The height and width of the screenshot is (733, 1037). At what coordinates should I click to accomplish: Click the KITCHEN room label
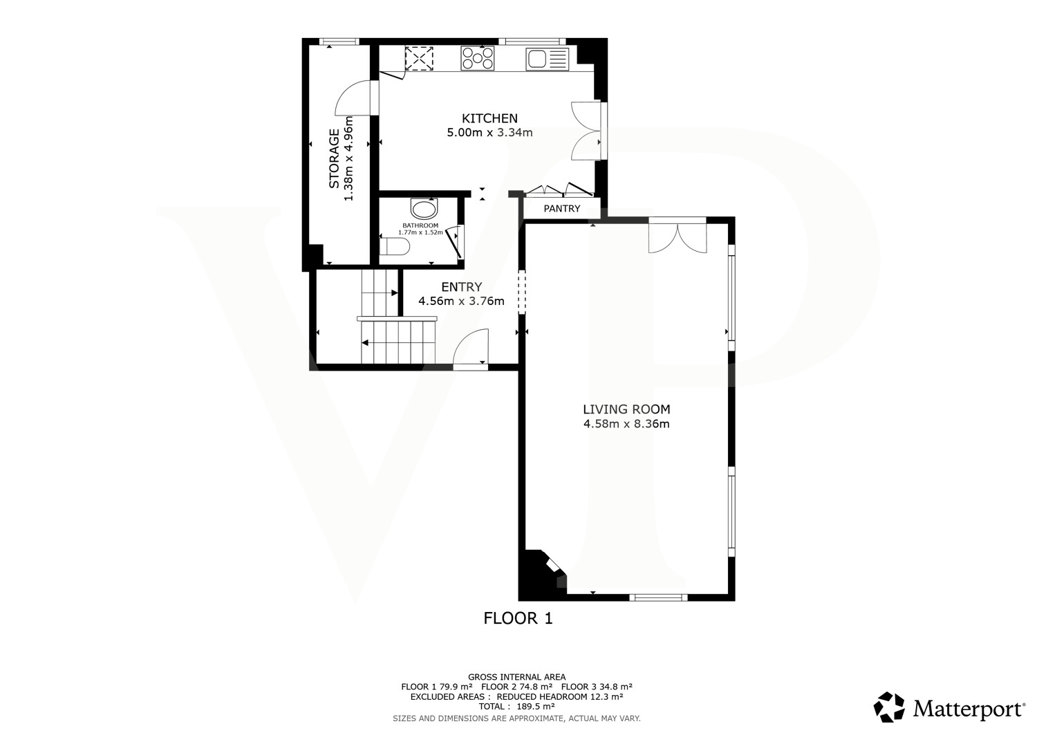tap(489, 118)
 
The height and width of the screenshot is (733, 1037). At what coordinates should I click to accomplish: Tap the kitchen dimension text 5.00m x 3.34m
tap(489, 133)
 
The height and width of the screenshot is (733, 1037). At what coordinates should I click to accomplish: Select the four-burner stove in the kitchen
tap(477, 58)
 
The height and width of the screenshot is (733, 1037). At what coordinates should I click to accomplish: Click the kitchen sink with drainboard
tap(548, 59)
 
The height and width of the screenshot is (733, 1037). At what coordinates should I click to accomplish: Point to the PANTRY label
tap(561, 208)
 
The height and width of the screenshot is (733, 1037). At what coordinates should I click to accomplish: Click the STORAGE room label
tap(334, 158)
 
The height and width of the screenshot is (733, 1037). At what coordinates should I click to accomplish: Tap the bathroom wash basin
tap(424, 209)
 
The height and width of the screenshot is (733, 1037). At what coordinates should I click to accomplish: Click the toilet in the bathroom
tap(395, 246)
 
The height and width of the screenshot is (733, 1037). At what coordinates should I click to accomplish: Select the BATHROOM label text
tap(420, 225)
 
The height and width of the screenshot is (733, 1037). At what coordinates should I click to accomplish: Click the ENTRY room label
tap(462, 286)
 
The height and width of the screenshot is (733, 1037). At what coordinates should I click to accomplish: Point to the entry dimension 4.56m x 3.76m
tap(462, 301)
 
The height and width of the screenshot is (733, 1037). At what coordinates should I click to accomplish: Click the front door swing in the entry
tap(470, 347)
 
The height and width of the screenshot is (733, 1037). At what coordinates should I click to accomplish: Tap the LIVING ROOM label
tap(626, 409)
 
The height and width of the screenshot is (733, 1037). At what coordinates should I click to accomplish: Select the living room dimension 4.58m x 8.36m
tap(626, 424)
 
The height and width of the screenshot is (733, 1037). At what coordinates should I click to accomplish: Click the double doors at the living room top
tap(678, 238)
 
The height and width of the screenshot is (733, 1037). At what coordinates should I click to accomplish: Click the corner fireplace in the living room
tap(541, 575)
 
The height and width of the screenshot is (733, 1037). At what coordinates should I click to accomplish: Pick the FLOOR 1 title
tap(518, 618)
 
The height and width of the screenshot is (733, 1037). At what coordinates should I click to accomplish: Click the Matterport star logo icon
tap(889, 707)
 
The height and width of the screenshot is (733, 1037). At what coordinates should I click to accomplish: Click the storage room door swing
tap(353, 98)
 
